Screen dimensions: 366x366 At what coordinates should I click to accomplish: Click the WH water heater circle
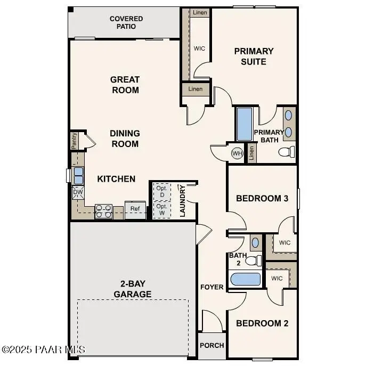tap(237, 153)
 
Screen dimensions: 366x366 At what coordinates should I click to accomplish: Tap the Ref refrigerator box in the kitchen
tap(135, 209)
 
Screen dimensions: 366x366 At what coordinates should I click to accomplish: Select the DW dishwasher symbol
tap(78, 192)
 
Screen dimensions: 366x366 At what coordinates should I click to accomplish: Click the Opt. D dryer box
tap(161, 191)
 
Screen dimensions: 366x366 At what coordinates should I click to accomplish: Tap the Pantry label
tap(75, 141)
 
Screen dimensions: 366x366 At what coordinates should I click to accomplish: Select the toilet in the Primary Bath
tap(287, 152)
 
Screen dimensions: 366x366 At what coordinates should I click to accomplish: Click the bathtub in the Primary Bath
tap(245, 124)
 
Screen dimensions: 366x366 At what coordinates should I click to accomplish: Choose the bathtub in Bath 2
tap(245, 280)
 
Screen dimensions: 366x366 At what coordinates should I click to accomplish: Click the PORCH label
tap(212, 345)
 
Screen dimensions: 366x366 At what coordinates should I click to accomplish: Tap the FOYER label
tap(212, 287)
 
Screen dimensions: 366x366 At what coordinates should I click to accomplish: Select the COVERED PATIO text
tap(126, 22)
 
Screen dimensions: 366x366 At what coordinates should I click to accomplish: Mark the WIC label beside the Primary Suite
tap(199, 48)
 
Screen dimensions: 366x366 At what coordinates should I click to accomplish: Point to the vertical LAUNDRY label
tap(182, 201)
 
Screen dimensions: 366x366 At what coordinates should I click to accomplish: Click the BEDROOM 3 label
tap(262, 198)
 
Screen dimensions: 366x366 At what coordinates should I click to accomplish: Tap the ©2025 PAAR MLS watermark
tap(43, 349)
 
